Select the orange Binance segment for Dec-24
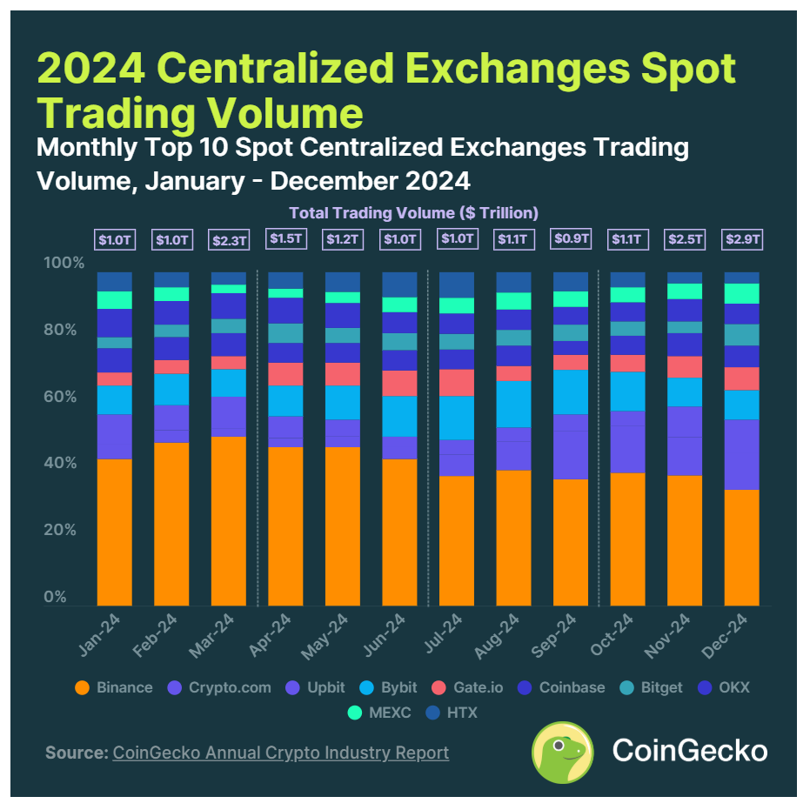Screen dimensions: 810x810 741,547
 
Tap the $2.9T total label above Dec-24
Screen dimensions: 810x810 742,238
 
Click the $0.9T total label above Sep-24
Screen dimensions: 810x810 571,238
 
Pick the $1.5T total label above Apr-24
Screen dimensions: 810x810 285,238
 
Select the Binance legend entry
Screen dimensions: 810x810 114,687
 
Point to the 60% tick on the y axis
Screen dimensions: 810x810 61,397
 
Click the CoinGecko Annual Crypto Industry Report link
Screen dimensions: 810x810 280,753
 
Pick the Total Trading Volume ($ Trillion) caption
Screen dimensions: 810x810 413,212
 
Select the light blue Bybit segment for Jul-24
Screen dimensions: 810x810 456,418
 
